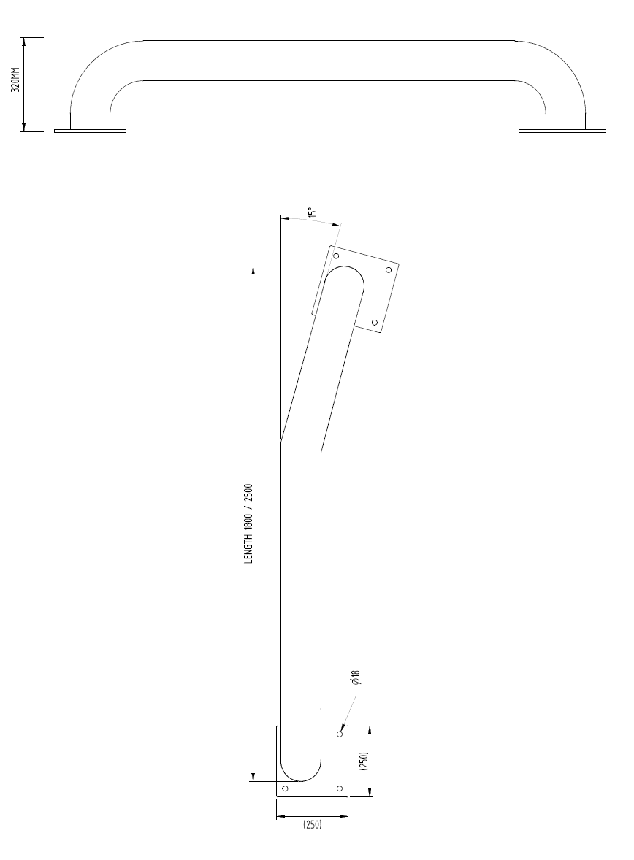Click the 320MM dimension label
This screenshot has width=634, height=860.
(15, 84)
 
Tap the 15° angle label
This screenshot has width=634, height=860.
(312, 212)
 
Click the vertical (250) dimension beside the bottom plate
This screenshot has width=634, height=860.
(363, 761)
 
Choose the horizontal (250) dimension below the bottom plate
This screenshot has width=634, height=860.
(312, 825)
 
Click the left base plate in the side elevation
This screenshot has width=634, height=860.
(90, 131)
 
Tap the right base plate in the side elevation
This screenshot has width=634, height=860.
(562, 131)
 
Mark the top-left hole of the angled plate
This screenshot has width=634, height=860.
(336, 256)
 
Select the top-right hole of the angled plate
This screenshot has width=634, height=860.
(389, 269)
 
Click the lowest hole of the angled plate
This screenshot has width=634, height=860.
(375, 322)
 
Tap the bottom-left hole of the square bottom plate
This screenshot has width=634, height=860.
(285, 788)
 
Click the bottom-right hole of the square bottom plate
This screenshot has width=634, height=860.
(340, 788)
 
